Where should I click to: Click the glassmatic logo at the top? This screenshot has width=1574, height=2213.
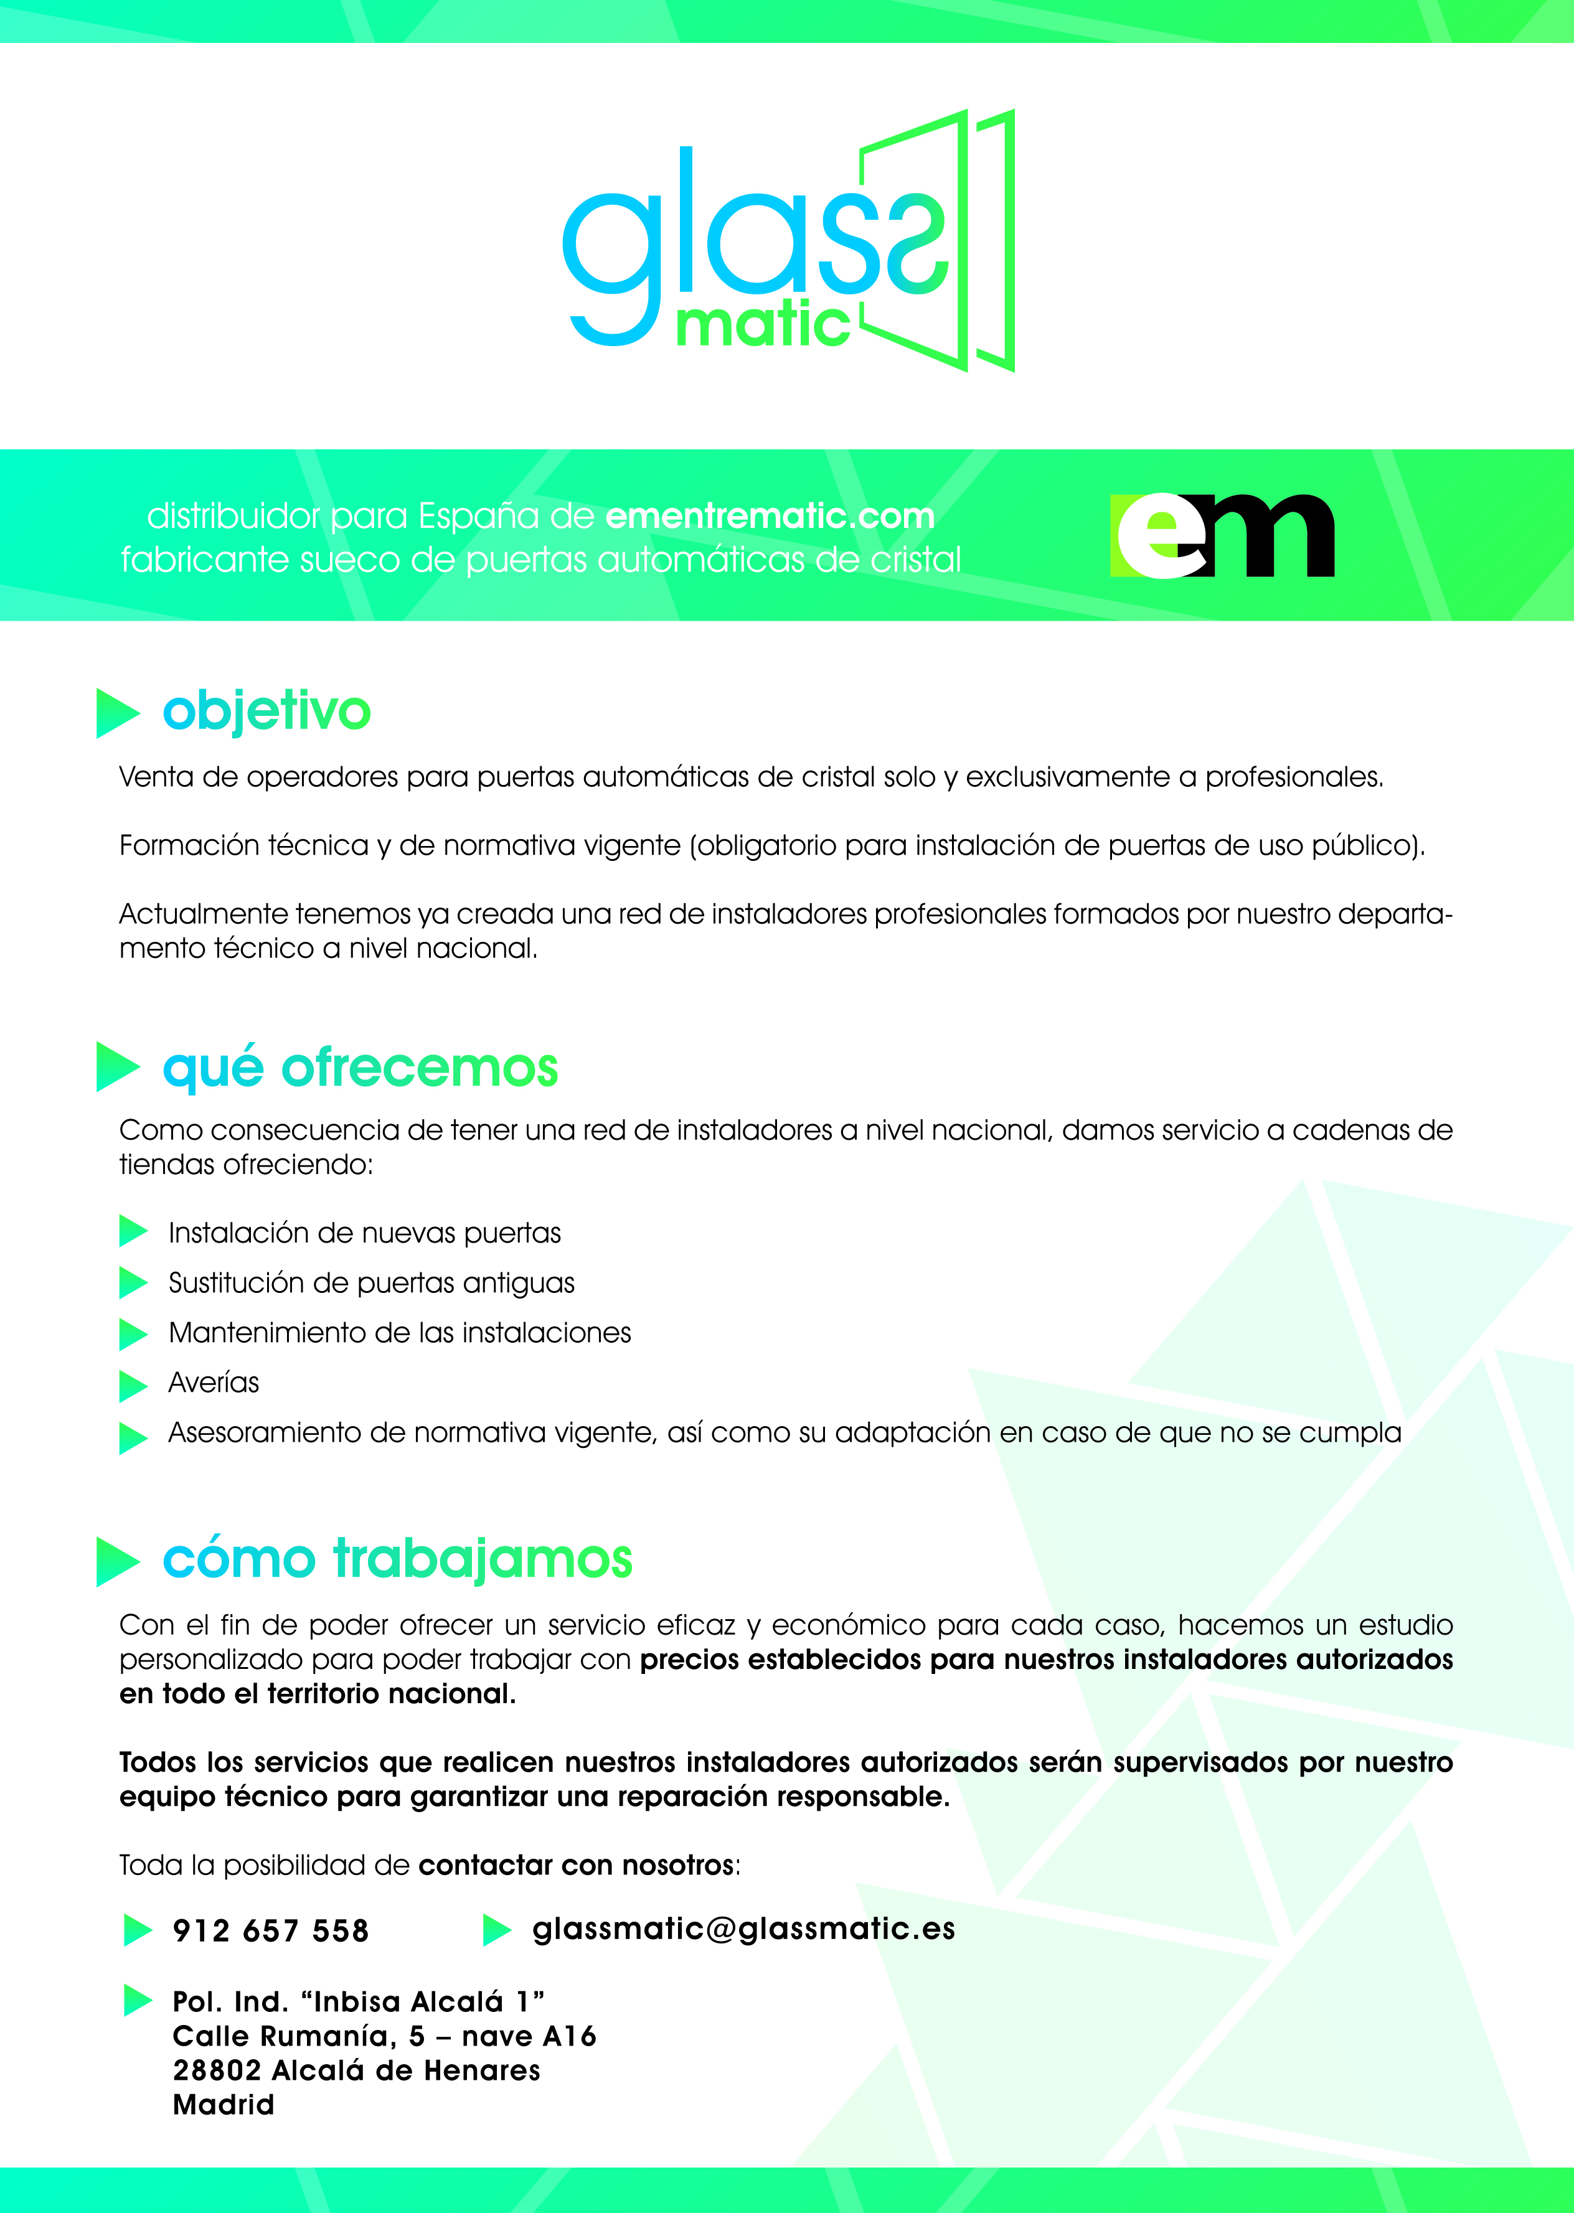click(787, 242)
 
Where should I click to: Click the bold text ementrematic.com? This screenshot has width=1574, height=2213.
click(770, 515)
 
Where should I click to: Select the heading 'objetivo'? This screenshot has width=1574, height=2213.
click(266, 710)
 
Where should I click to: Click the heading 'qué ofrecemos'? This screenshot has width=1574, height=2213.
click(361, 1067)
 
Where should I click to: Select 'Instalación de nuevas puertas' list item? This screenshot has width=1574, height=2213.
click(364, 1233)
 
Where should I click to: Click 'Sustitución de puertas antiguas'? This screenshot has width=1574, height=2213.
click(371, 1283)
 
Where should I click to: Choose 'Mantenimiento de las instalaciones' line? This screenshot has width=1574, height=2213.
click(399, 1333)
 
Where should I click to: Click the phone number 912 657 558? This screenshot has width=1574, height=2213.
click(270, 1931)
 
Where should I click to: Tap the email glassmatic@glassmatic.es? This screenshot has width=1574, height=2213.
click(743, 1929)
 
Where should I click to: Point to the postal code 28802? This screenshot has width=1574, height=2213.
click(218, 2070)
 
